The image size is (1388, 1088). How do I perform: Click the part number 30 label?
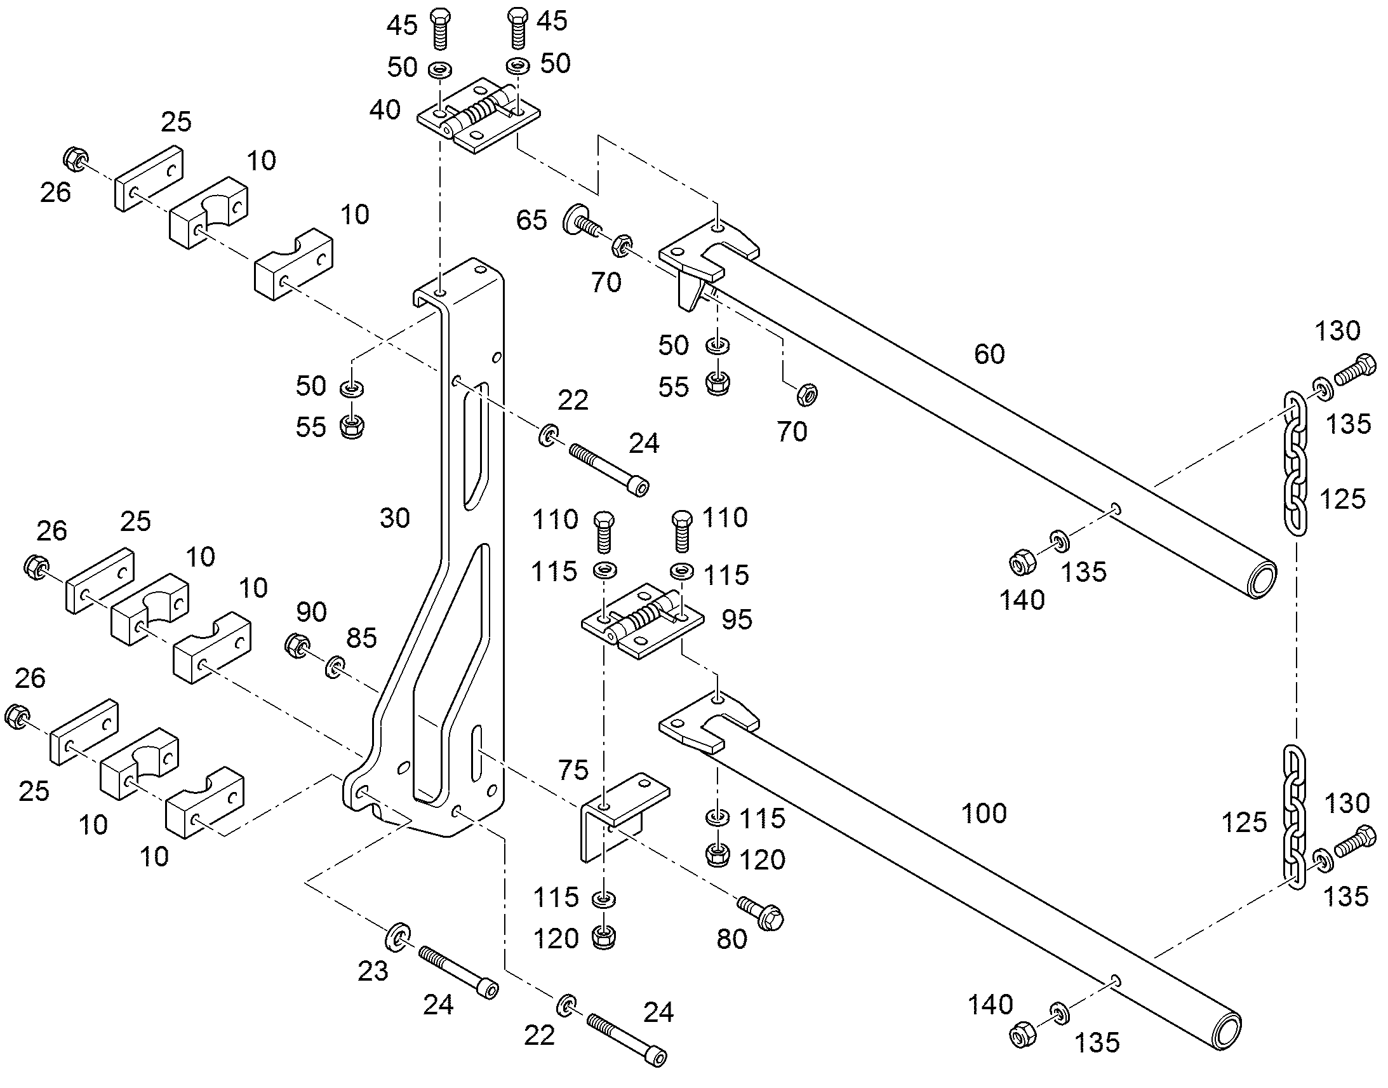(x=395, y=518)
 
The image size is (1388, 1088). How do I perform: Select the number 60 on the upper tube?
(x=989, y=354)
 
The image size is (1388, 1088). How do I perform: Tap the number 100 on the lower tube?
(x=984, y=814)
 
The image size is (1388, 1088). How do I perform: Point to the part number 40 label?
(x=385, y=111)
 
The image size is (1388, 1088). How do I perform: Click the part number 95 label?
(x=737, y=619)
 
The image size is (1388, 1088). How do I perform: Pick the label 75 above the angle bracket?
(x=572, y=770)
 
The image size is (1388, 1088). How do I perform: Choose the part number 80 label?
(x=731, y=939)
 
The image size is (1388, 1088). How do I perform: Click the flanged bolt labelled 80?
(x=761, y=912)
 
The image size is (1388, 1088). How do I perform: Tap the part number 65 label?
(x=531, y=220)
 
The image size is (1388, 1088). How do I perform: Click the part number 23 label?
(x=373, y=971)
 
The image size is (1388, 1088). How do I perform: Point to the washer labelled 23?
(x=397, y=936)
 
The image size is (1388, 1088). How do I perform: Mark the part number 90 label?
(x=311, y=612)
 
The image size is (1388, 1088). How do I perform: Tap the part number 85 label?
(x=361, y=638)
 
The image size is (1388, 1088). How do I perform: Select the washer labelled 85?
(x=334, y=666)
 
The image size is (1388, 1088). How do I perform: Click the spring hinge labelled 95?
(x=643, y=621)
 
